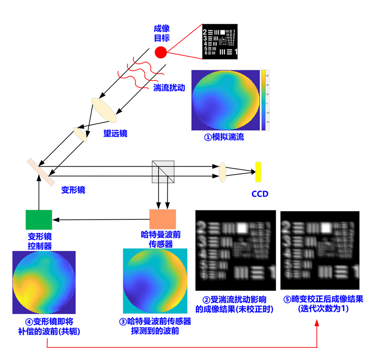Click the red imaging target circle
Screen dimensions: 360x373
point(160,53)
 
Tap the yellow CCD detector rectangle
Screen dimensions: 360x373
point(258,172)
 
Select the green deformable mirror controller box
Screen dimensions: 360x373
point(39,220)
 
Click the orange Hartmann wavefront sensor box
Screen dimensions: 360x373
point(163,219)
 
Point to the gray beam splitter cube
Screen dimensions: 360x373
point(163,172)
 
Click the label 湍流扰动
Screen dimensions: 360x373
point(169,88)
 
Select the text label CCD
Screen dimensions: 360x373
point(260,194)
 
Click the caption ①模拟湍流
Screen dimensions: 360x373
point(224,137)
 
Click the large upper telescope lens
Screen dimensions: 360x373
point(103,110)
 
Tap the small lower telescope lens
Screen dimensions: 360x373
point(80,134)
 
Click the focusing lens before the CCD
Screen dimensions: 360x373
point(223,172)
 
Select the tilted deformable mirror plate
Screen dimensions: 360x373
point(41,172)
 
